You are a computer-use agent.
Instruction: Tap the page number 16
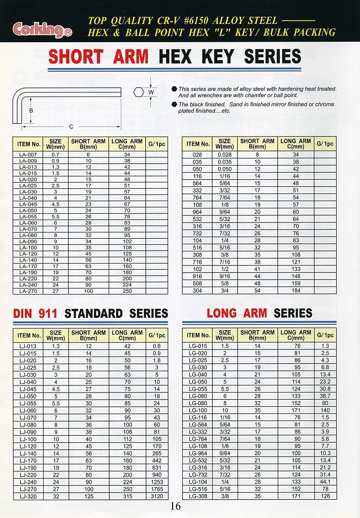pos(176,506)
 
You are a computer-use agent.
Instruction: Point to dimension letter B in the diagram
pos(31,111)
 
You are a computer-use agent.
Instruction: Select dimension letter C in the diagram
pos(71,126)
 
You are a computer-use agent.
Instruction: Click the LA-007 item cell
pos(28,154)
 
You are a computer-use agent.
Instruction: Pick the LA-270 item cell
pos(28,292)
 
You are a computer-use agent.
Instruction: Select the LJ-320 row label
pos(28,496)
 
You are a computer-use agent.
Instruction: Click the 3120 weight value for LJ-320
pos(156,496)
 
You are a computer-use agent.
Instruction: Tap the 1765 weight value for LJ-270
pos(156,489)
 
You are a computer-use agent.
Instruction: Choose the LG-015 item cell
pos(198,346)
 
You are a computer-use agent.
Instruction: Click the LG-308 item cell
pos(198,496)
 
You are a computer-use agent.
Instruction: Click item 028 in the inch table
pos(198,154)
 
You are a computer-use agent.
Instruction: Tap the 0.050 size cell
pos(224,168)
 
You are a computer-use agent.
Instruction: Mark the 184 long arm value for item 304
pos(296,291)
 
